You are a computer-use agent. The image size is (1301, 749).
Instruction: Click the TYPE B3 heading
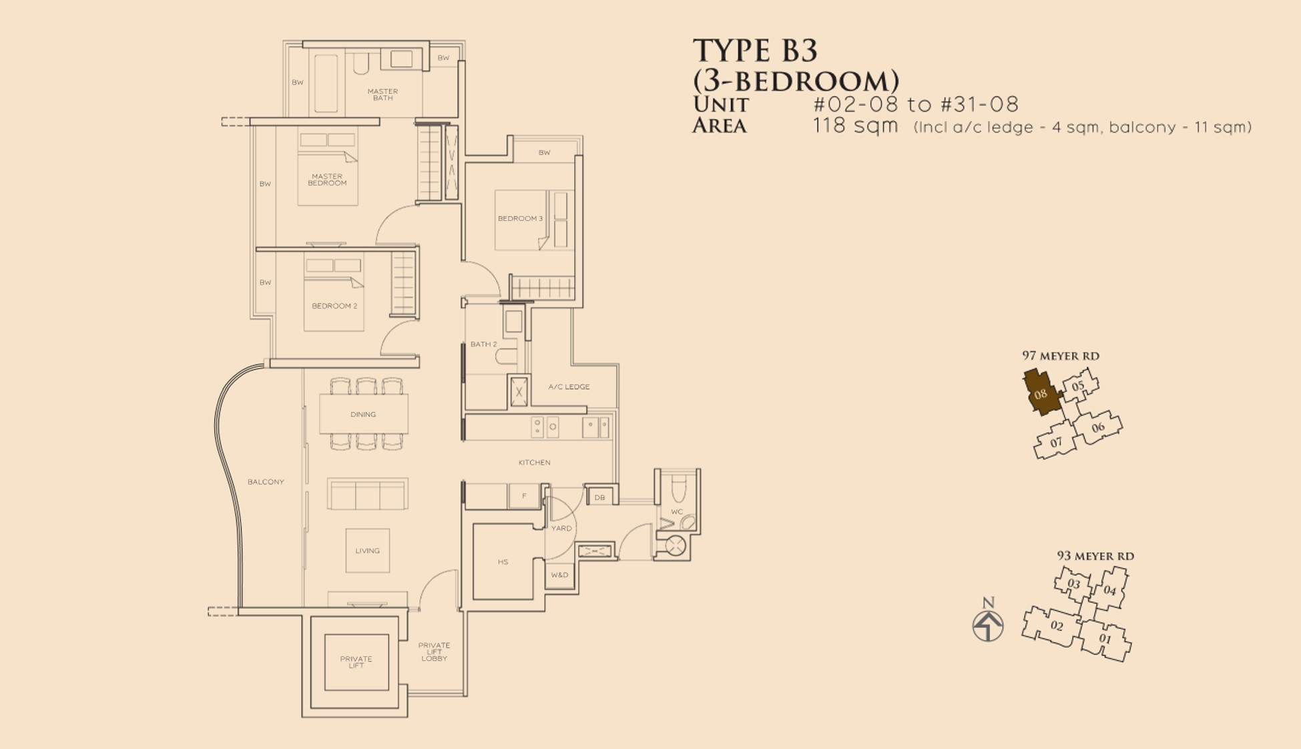tap(755, 51)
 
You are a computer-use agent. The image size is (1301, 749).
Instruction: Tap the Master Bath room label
tap(382, 95)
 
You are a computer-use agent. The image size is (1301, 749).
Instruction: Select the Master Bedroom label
tap(327, 180)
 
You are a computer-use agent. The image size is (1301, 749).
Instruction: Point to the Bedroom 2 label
tap(334, 306)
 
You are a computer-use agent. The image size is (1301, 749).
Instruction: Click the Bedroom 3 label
tap(520, 218)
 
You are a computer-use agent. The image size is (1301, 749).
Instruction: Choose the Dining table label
tap(363, 415)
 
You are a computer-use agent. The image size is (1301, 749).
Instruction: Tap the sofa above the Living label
tap(367, 494)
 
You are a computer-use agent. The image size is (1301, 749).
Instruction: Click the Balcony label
tap(266, 482)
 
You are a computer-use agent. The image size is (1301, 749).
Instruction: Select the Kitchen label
tap(534, 462)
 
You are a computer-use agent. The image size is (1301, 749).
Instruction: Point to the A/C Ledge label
tap(569, 387)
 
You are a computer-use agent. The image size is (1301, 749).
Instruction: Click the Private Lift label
tap(356, 662)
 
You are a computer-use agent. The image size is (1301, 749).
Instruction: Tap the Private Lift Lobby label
tap(434, 652)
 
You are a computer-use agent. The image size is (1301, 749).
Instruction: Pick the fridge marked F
tap(524, 496)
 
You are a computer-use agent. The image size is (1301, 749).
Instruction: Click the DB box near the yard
tap(599, 497)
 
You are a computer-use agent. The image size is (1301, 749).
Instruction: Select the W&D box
tap(559, 575)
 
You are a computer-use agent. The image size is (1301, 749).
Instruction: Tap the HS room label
tap(503, 562)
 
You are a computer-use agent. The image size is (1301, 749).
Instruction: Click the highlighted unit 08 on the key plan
tap(1041, 393)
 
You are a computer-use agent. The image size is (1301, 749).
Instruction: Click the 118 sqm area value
tap(855, 126)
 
